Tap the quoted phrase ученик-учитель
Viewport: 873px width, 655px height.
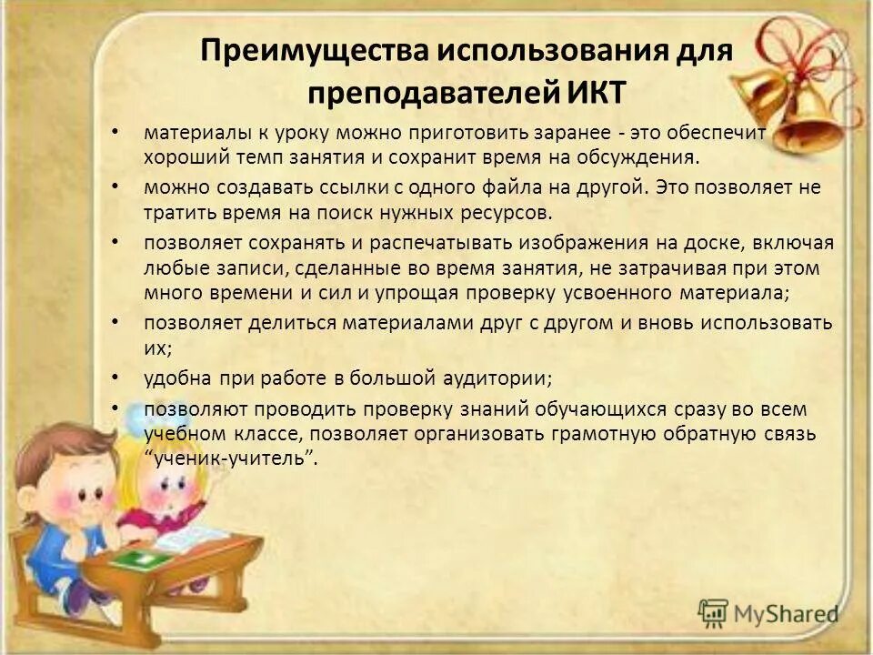click(x=231, y=458)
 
